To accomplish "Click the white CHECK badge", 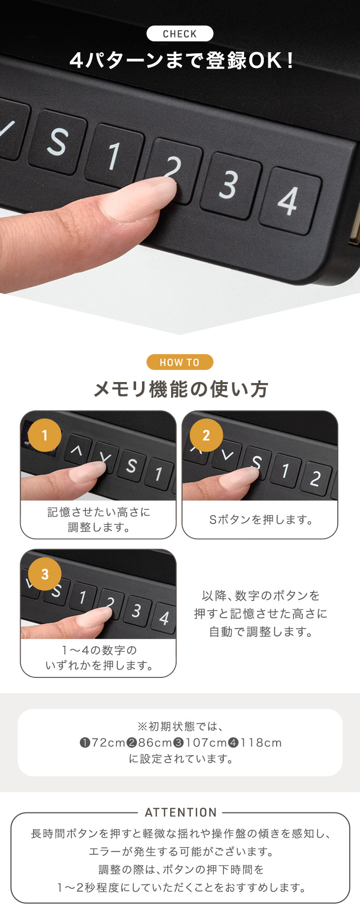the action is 180,34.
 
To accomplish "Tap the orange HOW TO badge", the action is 180,362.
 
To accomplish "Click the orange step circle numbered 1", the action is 45,435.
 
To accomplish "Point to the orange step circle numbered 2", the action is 206,435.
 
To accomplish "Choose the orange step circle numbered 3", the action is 45,574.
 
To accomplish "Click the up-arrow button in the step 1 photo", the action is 76,450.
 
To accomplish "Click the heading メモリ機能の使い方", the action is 180,389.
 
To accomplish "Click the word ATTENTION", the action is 181,812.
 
